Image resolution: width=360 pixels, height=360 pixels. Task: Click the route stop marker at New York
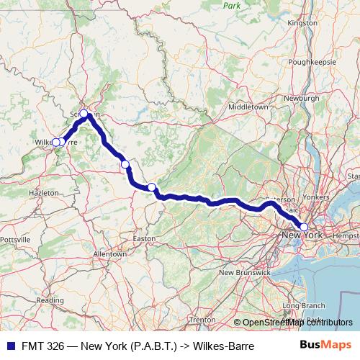pyautogui.click(x=304, y=228)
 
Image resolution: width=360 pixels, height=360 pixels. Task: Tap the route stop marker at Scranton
pyautogui.click(x=84, y=113)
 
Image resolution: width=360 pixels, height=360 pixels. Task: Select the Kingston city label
pyautogui.click(x=302, y=23)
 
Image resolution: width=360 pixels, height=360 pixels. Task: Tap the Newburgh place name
pyautogui.click(x=302, y=96)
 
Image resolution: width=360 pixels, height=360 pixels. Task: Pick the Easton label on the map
pyautogui.click(x=144, y=238)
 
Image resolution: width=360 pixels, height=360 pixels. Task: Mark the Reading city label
pyautogui.click(x=50, y=300)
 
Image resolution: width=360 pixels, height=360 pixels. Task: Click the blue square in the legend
pyautogui.click(x=9, y=345)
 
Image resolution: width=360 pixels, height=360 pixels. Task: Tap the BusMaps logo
pyautogui.click(x=330, y=345)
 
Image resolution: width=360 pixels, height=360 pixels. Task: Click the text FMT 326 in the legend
pyautogui.click(x=40, y=345)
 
